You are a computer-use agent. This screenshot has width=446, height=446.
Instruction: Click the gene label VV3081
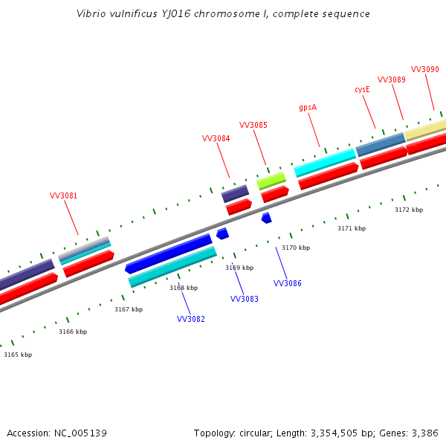coord(63,196)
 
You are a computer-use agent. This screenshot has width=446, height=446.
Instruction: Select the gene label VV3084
coord(216,138)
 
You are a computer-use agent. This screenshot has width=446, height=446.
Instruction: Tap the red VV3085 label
coord(253,125)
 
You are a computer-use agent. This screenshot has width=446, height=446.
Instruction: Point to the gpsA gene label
coord(308,107)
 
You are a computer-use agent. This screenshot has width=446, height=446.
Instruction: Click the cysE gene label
coord(362,89)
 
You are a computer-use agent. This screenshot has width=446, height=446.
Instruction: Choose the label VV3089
coord(392,80)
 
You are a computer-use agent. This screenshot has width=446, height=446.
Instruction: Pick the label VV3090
coord(425,69)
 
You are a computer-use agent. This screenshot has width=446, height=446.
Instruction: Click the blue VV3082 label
coord(191,319)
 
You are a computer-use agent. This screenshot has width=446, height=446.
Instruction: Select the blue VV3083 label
coord(245,299)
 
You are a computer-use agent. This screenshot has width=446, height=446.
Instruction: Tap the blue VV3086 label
coord(288,283)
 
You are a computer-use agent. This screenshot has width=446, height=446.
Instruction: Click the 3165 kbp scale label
coord(18,355)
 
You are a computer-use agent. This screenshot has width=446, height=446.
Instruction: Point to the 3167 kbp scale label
coord(129,309)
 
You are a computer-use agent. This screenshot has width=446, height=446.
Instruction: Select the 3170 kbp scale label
coord(296,248)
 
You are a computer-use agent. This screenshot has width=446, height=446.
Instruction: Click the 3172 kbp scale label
coord(409,210)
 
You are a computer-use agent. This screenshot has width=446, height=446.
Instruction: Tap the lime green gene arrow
coord(271,181)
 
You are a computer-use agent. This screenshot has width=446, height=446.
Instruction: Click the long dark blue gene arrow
coord(169,253)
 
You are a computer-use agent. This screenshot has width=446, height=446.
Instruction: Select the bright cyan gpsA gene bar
coord(325,162)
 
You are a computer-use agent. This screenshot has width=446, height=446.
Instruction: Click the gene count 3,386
coord(424,433)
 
